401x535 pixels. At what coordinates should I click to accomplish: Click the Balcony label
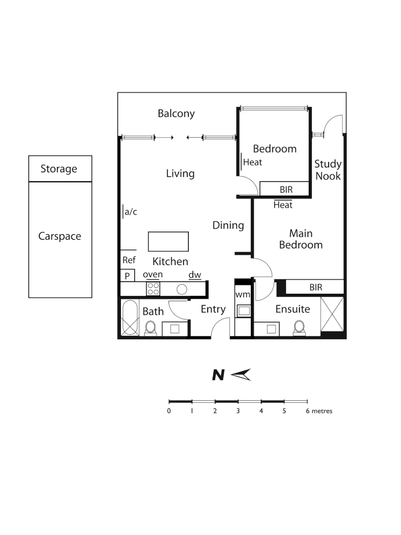pos(176,113)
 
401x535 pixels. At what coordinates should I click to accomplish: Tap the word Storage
pos(59,169)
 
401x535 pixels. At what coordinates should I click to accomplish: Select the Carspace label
pos(59,236)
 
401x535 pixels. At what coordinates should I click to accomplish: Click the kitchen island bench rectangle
pos(169,242)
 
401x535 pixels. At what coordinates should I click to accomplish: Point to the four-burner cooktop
pos(153,288)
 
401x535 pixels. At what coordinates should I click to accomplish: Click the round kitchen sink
pos(182,289)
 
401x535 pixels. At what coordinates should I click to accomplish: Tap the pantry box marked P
pos(127,276)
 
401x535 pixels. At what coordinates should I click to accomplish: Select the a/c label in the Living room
pos(130,212)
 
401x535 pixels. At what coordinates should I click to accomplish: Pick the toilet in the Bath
pos(151,327)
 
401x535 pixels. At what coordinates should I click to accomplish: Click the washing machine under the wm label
pos(243,311)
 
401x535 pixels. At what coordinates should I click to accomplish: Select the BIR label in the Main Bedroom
pos(315,287)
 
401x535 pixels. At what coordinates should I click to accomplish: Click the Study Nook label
pos(328,169)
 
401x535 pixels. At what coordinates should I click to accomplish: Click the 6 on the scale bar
pos(307,411)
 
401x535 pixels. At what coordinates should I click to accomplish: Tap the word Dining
pos(228,225)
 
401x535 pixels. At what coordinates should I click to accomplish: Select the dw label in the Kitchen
pos(194,275)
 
